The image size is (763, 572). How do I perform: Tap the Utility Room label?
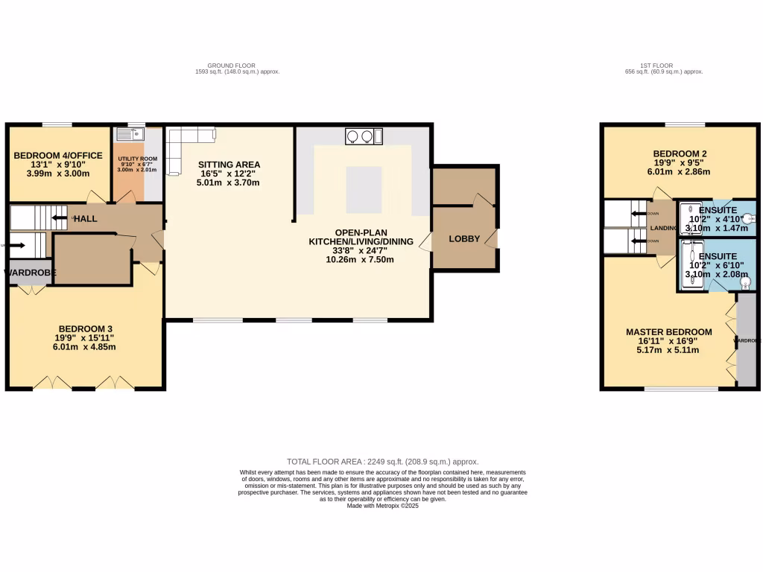(x=138, y=159)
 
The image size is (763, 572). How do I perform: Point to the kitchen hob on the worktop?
(x=360, y=136)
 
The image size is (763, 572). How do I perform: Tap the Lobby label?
(x=463, y=239)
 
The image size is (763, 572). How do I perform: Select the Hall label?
(x=85, y=219)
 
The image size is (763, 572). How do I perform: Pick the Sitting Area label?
(x=229, y=165)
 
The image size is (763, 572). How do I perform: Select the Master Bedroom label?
(x=668, y=332)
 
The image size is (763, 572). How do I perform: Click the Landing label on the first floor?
(x=663, y=228)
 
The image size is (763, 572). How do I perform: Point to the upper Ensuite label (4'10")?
(x=717, y=210)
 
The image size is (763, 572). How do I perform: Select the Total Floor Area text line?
(x=382, y=462)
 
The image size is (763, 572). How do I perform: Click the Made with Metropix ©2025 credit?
(x=383, y=506)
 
